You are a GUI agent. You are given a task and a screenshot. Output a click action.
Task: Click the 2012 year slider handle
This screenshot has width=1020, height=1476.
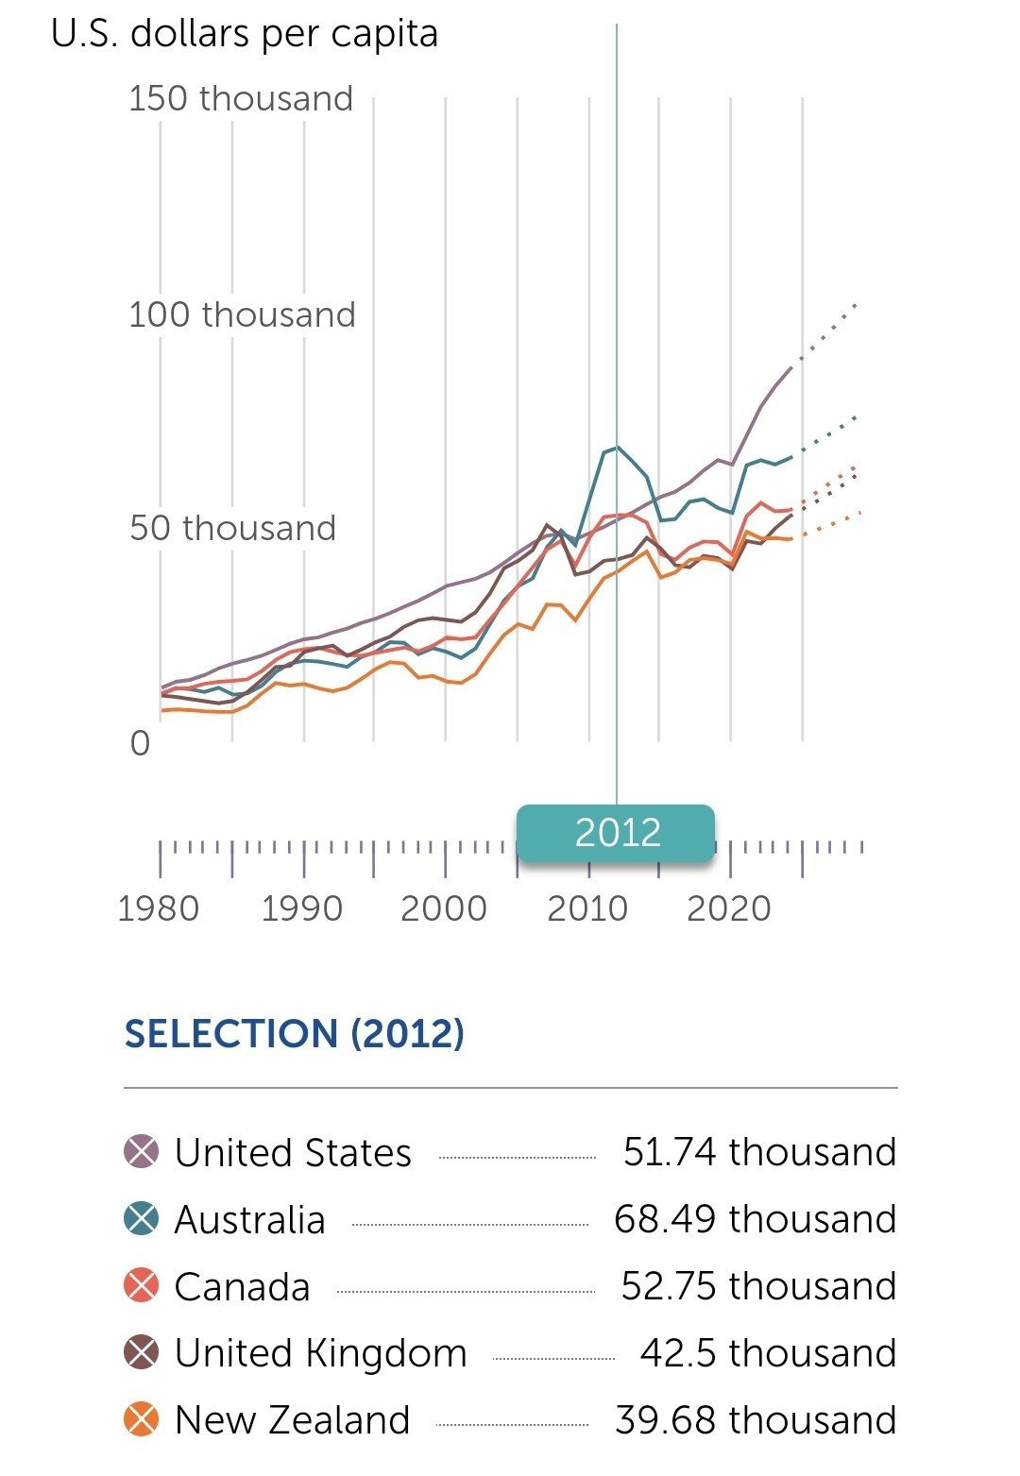pos(616,833)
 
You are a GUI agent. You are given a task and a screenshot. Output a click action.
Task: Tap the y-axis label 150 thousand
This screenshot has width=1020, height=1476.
pos(241,98)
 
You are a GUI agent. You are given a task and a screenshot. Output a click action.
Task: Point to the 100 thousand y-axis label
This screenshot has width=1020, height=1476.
pos(242,314)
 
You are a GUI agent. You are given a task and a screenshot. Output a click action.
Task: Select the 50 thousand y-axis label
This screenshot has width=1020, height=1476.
pos(232,528)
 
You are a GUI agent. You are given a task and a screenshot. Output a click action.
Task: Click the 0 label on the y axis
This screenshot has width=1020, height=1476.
pos(140,744)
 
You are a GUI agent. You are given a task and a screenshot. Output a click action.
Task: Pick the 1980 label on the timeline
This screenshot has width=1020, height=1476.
pos(159,908)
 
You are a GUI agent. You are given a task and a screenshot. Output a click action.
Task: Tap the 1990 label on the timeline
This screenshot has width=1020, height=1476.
pos(301,908)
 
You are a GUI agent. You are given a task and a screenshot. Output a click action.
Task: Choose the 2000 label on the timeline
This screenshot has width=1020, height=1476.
pos(444,908)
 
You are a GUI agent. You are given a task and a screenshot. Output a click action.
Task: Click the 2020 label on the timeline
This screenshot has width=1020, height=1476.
pos(728,908)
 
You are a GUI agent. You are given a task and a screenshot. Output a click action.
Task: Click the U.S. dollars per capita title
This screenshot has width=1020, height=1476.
pos(245,34)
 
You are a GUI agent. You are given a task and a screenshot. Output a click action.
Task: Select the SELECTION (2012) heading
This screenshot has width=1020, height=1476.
pos(295,1033)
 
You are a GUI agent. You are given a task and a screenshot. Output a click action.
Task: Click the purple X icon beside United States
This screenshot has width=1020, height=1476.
pos(142,1152)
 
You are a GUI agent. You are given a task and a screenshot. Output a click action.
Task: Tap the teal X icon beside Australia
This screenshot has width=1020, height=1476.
pos(142,1219)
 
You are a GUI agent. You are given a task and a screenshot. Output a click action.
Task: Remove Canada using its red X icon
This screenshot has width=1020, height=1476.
pos(142,1286)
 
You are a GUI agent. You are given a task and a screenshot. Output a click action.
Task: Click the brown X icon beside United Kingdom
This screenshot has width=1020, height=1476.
pos(142,1353)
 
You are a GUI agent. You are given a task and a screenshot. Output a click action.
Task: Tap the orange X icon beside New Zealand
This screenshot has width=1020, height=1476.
pos(142,1420)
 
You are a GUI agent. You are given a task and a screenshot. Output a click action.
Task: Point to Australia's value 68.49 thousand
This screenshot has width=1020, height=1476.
pos(755,1219)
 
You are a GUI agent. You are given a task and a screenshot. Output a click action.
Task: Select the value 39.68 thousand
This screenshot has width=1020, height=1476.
pos(756,1420)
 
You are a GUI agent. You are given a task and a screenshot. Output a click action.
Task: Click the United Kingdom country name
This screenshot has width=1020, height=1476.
pos(321,1353)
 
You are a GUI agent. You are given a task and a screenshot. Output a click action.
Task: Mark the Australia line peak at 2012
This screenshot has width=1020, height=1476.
pos(618,447)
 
